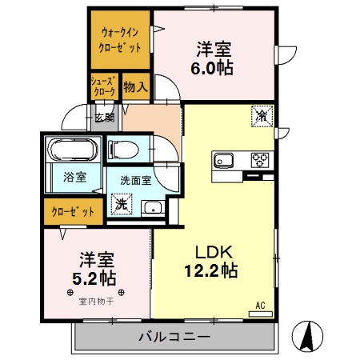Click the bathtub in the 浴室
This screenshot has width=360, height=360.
(x=73, y=150)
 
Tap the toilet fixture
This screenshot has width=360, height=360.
(x=123, y=150)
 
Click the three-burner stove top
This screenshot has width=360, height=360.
(x=260, y=160)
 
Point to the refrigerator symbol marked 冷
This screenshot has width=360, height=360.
(x=262, y=116)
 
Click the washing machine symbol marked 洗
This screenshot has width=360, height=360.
(x=122, y=204)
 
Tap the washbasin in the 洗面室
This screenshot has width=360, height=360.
(x=153, y=207)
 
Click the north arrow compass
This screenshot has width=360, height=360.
(x=307, y=337)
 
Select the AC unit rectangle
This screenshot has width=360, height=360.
(x=261, y=314)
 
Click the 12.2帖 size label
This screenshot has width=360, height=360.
(x=211, y=270)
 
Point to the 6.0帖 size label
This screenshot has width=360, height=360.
(x=212, y=68)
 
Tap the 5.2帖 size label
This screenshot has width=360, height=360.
(x=94, y=278)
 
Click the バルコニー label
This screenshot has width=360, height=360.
(x=174, y=337)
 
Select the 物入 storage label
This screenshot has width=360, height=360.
(x=135, y=86)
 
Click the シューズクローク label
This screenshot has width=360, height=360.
(x=104, y=86)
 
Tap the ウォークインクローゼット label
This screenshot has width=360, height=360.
(x=120, y=40)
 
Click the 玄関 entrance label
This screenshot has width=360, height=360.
(x=105, y=118)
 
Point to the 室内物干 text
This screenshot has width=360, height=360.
(x=96, y=302)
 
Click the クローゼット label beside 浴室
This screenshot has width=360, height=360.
(x=73, y=212)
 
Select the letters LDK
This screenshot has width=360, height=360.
(x=214, y=252)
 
